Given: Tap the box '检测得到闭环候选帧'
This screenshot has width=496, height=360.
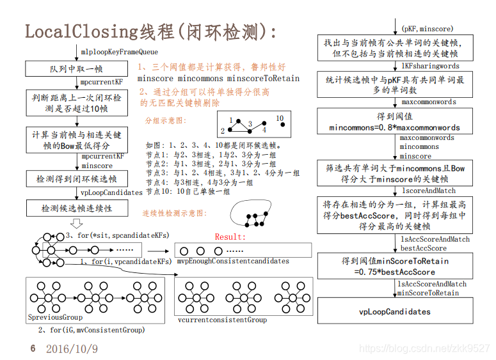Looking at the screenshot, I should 76,178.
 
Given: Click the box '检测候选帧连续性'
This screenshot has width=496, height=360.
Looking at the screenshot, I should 76,208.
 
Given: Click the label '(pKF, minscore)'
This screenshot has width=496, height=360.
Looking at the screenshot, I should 428,29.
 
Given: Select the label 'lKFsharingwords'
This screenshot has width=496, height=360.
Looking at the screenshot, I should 430,66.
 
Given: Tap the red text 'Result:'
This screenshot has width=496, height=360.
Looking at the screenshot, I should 230,237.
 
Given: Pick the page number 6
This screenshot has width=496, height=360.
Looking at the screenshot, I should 33,348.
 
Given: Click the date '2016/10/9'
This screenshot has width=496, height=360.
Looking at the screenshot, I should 72,349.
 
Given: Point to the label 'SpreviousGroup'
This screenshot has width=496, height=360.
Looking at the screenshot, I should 55,317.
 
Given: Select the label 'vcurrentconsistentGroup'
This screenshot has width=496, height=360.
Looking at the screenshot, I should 222,320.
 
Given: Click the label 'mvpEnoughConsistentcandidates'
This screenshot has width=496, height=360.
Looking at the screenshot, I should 233,261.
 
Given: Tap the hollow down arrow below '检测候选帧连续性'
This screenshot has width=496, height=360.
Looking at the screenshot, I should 76,223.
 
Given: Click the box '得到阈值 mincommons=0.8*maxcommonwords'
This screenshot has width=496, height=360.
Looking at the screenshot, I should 394,122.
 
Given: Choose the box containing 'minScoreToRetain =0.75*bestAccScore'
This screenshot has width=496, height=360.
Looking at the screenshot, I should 394,266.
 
